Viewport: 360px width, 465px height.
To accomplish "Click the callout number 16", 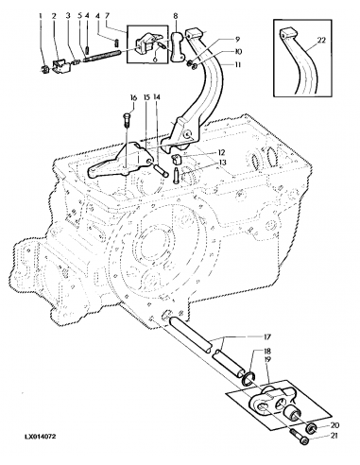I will coord(133,97).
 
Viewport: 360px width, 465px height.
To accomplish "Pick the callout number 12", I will coord(220,152).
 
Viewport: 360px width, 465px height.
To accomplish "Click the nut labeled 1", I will coord(44,68).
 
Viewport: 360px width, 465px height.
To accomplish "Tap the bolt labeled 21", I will coord(300,434).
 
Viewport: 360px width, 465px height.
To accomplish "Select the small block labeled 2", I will coord(60,63).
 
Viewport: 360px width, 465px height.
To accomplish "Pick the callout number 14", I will coord(157,97).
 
